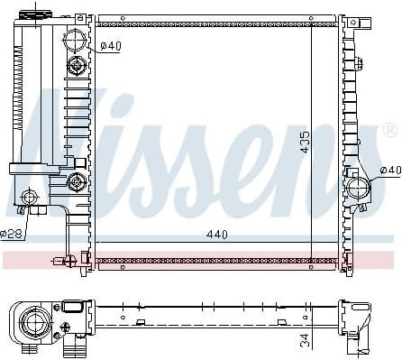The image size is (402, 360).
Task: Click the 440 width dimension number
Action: point(216,235)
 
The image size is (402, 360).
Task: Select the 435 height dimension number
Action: point(306,139)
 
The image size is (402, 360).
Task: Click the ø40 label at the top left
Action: point(111,45)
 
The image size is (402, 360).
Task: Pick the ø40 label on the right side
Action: point(389,170)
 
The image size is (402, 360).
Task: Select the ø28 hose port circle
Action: point(30,197)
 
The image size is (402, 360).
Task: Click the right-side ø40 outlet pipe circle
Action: point(358,189)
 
